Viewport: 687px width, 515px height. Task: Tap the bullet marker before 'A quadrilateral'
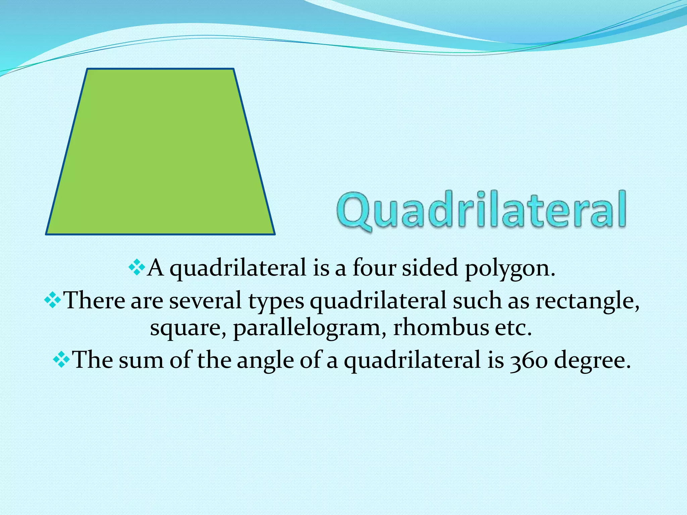click(137, 268)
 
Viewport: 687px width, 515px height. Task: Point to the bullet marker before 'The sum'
click(61, 360)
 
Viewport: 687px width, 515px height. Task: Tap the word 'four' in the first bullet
click(374, 268)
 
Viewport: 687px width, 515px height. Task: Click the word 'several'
click(205, 300)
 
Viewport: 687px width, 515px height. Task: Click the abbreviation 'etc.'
click(514, 328)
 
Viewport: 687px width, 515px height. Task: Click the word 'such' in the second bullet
click(477, 300)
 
